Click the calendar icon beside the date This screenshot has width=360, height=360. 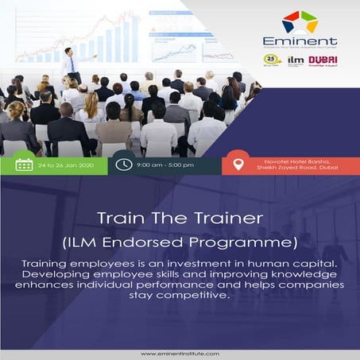(x=24, y=165)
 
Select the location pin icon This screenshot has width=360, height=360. (x=238, y=165)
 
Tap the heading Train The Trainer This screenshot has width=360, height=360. (x=180, y=216)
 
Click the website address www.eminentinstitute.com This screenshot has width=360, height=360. (x=180, y=354)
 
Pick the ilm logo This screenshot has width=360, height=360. (x=296, y=60)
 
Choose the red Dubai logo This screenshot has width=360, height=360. (x=322, y=60)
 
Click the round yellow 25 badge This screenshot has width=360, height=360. (x=273, y=60)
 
